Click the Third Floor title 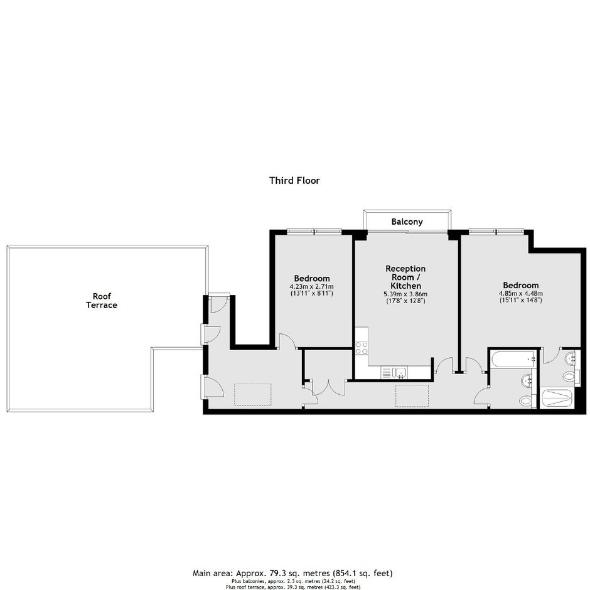tap(294, 181)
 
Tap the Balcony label tap(407, 222)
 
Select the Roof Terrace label tap(102, 301)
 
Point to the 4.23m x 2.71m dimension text tap(311, 287)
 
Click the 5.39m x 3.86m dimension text tap(405, 294)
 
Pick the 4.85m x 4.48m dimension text tap(521, 294)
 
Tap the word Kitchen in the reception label tap(405, 286)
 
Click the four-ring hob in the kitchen tap(362, 348)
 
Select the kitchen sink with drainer tap(394, 372)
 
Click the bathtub tap(513, 359)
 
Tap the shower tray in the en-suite tap(557, 398)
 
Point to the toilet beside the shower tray tap(569, 376)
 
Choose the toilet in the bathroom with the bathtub tap(525, 400)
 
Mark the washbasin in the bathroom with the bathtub tap(527, 380)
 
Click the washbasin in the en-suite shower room tap(571, 358)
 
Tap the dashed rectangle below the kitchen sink tap(412, 396)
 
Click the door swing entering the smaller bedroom tap(287, 341)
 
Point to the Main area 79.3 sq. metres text tap(292, 573)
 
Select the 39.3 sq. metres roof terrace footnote tap(293, 587)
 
